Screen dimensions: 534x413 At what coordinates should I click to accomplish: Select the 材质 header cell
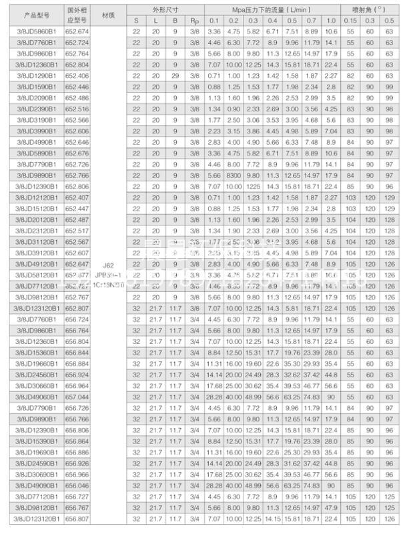point(109,15)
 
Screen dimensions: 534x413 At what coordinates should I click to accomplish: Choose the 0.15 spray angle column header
point(350,20)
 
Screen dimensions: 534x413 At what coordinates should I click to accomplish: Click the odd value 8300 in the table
point(234,175)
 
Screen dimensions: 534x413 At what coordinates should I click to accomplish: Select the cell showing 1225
point(254,186)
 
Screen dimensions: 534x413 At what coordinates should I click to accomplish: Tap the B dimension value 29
point(175,75)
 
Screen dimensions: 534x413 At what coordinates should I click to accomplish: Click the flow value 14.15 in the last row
point(273,518)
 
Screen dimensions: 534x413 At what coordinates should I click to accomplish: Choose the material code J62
point(109,264)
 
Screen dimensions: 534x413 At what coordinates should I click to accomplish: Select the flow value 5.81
point(292,308)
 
